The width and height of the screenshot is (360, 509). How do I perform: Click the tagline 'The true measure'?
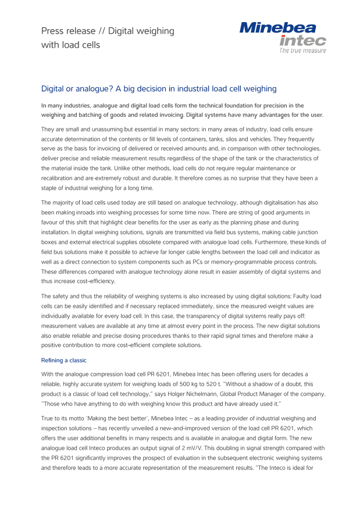[302, 51]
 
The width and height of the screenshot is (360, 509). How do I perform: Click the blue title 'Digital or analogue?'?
[158, 88]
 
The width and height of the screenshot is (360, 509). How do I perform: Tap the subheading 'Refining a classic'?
[63, 361]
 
